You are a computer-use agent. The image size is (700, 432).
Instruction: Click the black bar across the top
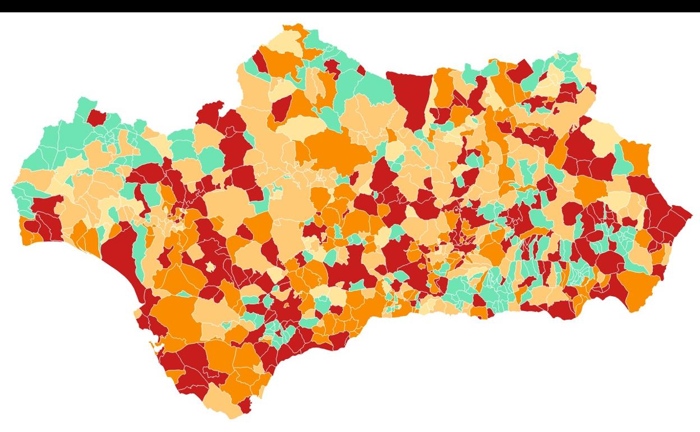(350, 6)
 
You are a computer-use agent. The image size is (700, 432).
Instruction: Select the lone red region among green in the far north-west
(96, 117)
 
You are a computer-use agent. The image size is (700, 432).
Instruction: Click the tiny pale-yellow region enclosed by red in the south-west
(210, 266)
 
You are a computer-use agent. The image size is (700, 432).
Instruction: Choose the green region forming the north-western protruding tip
(84, 107)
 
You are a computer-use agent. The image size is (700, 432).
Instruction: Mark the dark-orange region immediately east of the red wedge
(443, 87)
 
